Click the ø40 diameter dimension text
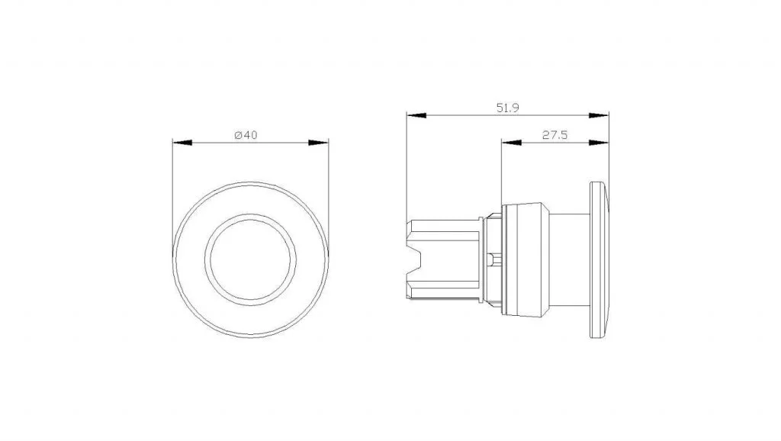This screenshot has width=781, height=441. tap(246, 135)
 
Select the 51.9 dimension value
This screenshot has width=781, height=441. tap(507, 108)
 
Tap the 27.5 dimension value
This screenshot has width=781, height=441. tap(555, 135)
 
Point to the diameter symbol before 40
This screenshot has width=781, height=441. tap(238, 135)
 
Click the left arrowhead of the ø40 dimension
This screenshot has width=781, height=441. tap(182, 143)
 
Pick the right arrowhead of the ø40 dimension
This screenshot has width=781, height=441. tap(318, 143)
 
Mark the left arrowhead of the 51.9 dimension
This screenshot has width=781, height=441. tap(416, 115)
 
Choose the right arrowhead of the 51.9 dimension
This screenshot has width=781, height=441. tap(599, 115)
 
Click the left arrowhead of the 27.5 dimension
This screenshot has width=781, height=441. tap(512, 143)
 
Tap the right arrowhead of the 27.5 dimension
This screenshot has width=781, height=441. tap(599, 143)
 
